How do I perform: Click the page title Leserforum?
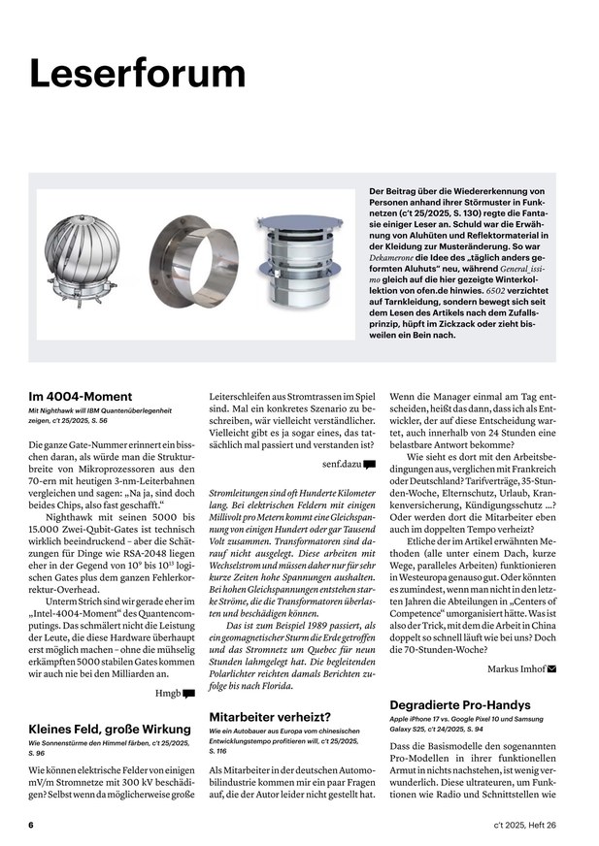tap(137, 73)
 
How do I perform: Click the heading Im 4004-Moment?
tap(81, 396)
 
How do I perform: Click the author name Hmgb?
tap(167, 694)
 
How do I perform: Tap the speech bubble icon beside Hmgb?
tap(188, 694)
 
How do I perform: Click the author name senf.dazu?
tap(341, 465)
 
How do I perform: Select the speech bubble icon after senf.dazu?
tap(369, 465)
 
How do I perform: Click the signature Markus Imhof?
tap(516, 669)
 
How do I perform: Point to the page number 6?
tap(31, 824)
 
